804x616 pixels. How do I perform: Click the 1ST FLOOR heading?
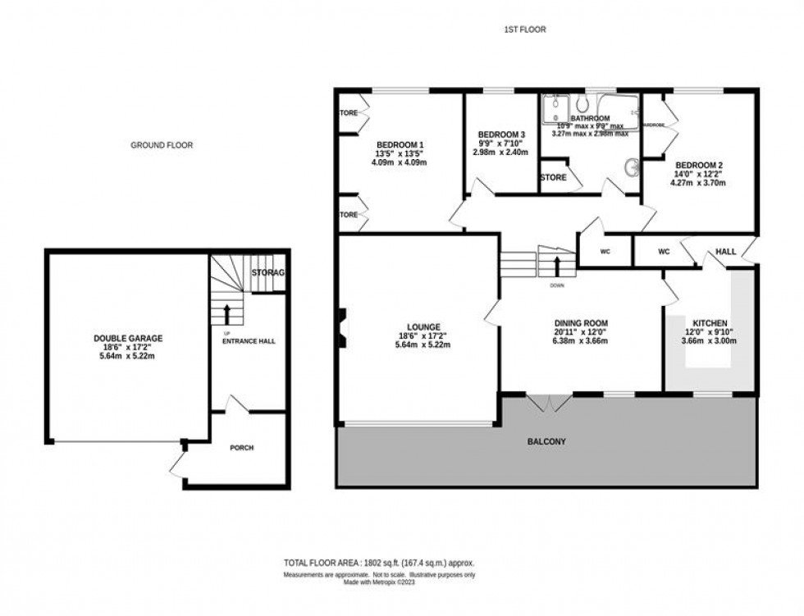[525, 30]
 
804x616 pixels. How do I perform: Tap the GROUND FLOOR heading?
[162, 145]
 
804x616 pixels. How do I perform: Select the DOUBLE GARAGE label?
[128, 338]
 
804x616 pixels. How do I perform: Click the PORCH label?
[242, 448]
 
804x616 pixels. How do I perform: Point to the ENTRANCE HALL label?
[246, 340]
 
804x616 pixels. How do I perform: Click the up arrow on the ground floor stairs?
[226, 313]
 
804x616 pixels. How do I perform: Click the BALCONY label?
[546, 442]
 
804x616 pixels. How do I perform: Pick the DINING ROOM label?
[581, 323]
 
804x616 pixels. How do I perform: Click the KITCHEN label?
[709, 323]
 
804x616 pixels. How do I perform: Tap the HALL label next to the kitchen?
[725, 252]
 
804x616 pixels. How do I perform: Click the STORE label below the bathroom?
[554, 177]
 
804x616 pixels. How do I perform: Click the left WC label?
[605, 252]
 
